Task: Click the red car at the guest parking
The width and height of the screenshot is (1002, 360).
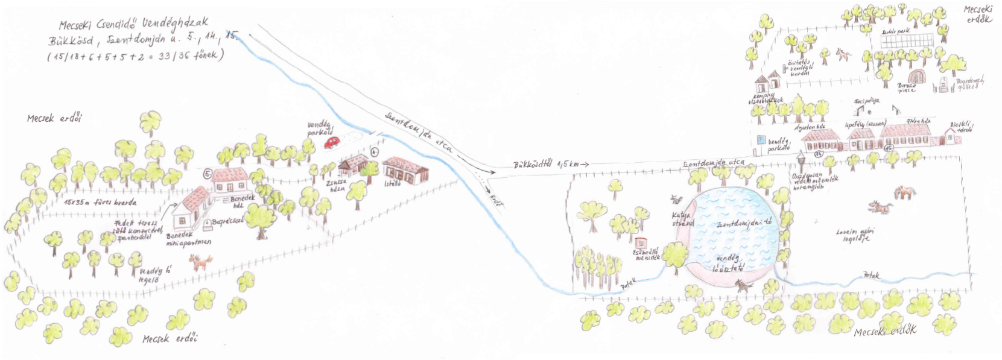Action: coord(332,142)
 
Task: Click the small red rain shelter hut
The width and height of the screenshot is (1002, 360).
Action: coord(640,242)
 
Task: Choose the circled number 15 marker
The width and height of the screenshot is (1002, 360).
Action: coord(888,148)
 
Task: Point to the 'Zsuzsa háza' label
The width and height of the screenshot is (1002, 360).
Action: coord(335,185)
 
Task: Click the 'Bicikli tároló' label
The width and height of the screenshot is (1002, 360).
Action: coord(961,127)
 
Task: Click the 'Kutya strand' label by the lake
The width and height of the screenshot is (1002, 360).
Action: coord(683,219)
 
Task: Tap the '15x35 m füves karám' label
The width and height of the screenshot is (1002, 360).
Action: coord(100,203)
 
